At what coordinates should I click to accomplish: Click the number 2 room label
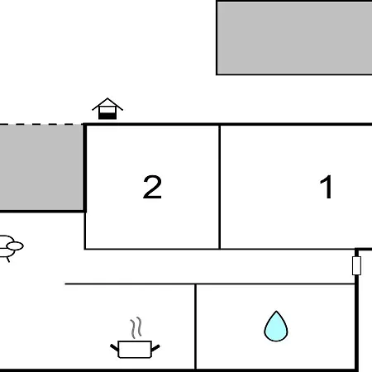[152, 187]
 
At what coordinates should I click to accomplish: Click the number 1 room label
[326, 187]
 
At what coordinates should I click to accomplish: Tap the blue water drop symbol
[276, 327]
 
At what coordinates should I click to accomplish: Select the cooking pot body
[135, 350]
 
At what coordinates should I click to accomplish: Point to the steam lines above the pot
[136, 327]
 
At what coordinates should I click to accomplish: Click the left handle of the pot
[114, 348]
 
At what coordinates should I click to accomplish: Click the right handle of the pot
[155, 348]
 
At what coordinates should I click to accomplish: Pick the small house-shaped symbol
[107, 108]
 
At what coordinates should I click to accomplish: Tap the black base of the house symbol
[107, 116]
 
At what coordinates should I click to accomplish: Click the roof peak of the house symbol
[107, 98]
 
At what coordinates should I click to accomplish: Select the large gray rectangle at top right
[294, 38]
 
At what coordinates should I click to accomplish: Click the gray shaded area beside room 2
[41, 167]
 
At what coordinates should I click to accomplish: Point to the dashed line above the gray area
[41, 124]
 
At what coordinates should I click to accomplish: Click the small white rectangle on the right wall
[356, 265]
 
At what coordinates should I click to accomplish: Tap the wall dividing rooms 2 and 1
[220, 187]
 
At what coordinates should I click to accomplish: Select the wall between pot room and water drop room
[195, 327]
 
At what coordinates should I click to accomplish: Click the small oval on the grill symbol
[15, 246]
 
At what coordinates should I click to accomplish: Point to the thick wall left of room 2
[85, 168]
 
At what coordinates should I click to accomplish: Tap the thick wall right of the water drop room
[356, 322]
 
